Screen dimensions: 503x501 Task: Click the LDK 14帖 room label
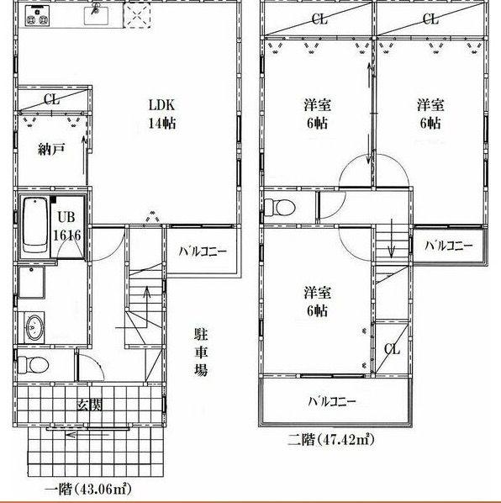coord(161,114)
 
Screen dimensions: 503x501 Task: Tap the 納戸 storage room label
coord(50,151)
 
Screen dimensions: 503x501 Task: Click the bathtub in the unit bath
coord(35,225)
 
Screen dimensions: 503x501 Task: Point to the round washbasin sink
coord(34,328)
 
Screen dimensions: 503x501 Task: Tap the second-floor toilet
coord(278,206)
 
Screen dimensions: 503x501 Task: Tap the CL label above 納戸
coord(51,99)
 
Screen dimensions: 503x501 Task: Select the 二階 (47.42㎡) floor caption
coord(331,439)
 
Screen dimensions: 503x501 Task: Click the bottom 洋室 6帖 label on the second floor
coord(317,301)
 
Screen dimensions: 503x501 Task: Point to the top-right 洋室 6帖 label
coord(430,114)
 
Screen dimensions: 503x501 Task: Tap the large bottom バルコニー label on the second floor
coord(331,401)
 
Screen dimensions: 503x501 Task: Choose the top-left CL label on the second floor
coord(318,19)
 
